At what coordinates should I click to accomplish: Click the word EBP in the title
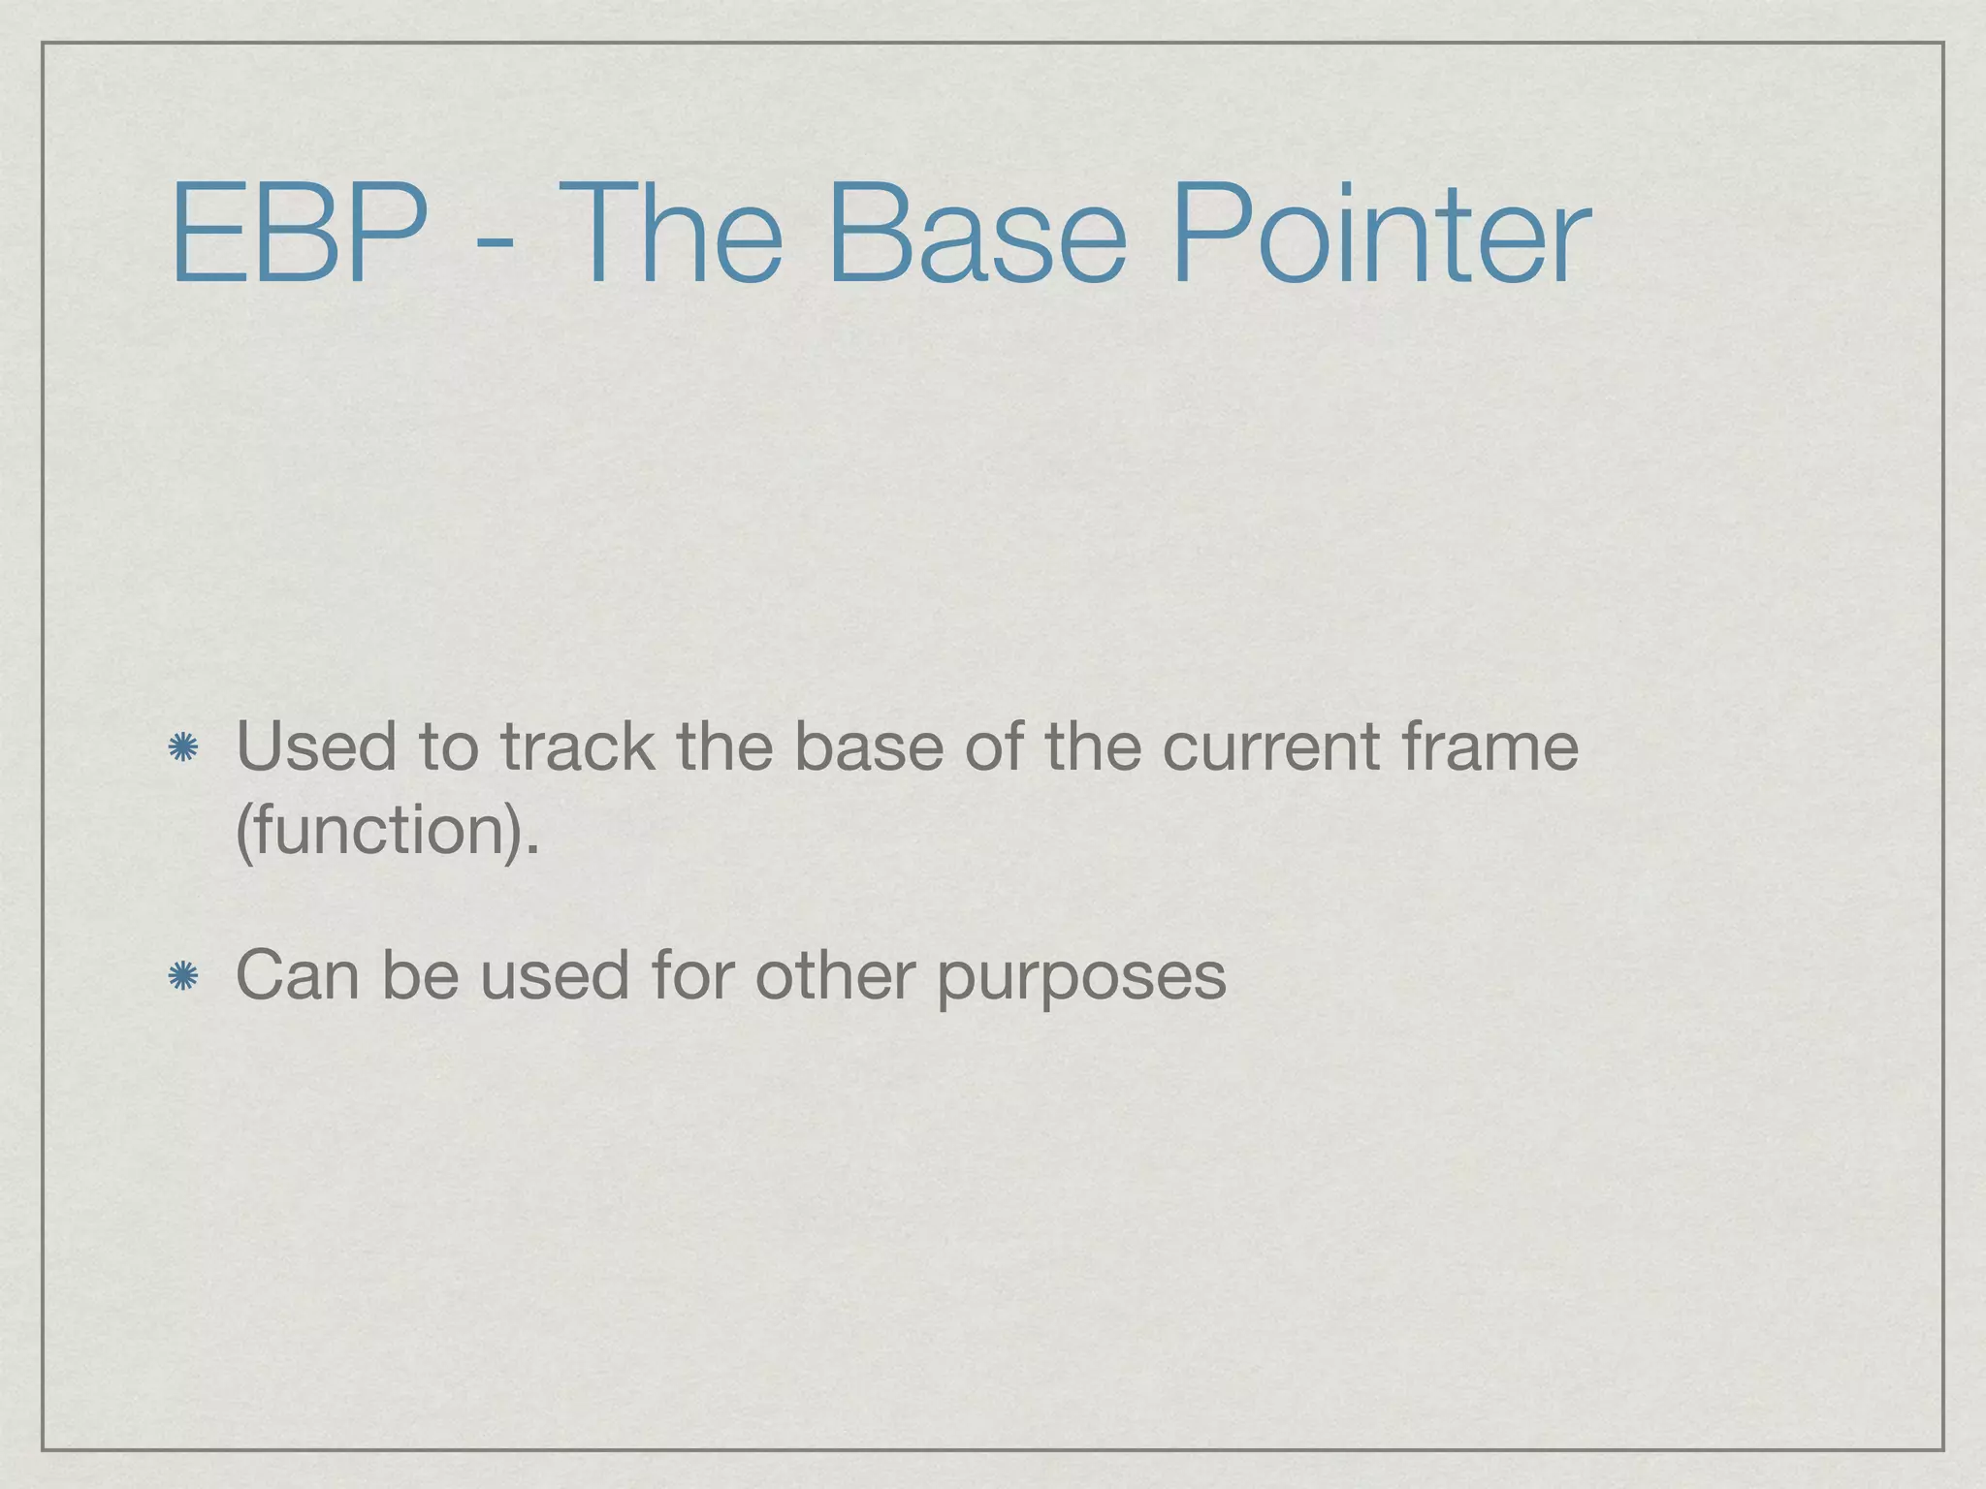click(299, 236)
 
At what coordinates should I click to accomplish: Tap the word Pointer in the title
click(1381, 236)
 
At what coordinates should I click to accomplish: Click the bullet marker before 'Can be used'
click(182, 977)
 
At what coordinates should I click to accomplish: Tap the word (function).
click(387, 832)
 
